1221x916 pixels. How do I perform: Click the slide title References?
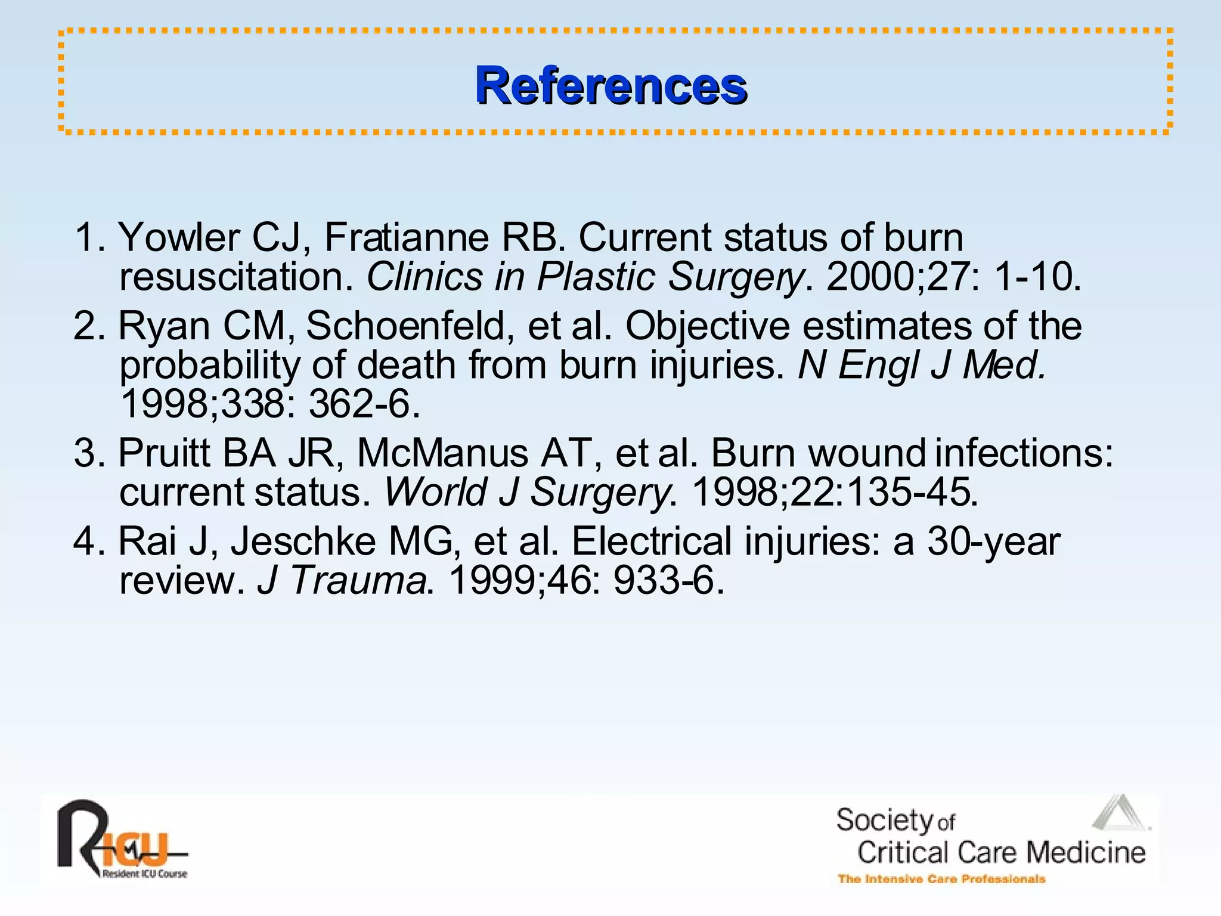click(610, 86)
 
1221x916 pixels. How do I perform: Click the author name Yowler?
click(179, 237)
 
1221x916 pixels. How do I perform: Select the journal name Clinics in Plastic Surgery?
click(584, 277)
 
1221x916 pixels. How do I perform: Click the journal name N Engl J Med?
click(921, 365)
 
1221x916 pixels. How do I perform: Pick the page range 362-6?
click(364, 404)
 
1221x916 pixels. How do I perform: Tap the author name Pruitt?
click(165, 453)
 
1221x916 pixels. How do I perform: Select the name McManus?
click(442, 453)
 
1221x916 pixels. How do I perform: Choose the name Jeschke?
click(345, 541)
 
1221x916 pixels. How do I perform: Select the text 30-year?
click(993, 541)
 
